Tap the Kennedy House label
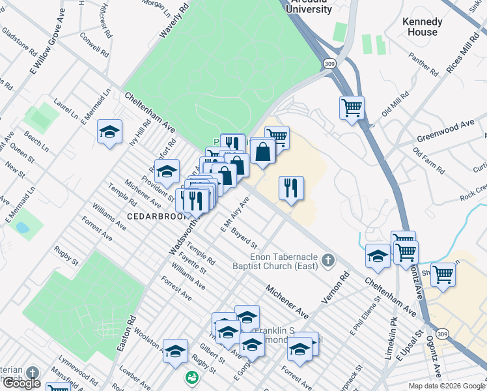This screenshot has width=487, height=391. (x=423, y=27)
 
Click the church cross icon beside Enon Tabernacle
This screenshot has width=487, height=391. (x=328, y=263)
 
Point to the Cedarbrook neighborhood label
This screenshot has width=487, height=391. (x=157, y=216)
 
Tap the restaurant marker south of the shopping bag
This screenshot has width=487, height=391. (x=291, y=188)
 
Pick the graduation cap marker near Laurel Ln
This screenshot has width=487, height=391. (x=110, y=132)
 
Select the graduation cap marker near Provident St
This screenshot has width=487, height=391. (x=167, y=171)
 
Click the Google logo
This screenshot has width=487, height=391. (x=22, y=383)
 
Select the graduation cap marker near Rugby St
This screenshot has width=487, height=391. (x=174, y=351)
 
